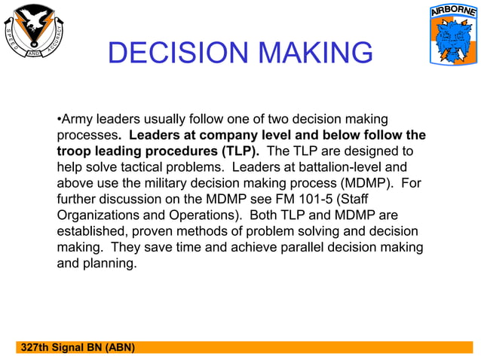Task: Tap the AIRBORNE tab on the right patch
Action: (452, 13)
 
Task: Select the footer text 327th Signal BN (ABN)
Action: (78, 347)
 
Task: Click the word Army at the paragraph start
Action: (76, 119)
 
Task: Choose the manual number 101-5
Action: (295, 200)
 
